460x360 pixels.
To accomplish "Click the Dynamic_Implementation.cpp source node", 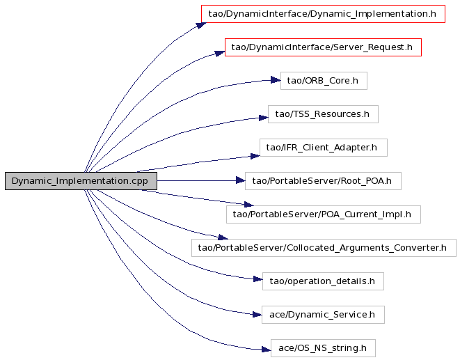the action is pyautogui.click(x=81, y=181).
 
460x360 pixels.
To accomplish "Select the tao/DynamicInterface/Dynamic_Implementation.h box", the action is pyautogui.click(x=323, y=14).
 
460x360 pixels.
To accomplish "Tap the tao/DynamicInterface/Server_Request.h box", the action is pyautogui.click(x=323, y=47).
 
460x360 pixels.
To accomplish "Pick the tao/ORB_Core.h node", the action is pyautogui.click(x=324, y=81).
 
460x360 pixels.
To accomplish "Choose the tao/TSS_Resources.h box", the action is pyautogui.click(x=323, y=114).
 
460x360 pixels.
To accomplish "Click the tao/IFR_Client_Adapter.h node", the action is pyautogui.click(x=324, y=148).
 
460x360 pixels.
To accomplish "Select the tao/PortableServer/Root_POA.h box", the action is pyautogui.click(x=323, y=181).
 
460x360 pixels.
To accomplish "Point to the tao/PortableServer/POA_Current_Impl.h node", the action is pyautogui.click(x=324, y=214).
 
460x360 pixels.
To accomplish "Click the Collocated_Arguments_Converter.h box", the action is pyautogui.click(x=324, y=248).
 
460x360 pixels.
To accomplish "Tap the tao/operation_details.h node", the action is pyautogui.click(x=323, y=281).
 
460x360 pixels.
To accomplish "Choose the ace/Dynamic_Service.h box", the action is pyautogui.click(x=323, y=315).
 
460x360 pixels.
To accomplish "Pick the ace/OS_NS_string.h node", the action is pyautogui.click(x=323, y=348).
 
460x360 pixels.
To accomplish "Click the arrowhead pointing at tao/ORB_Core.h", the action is pyautogui.click(x=276, y=80).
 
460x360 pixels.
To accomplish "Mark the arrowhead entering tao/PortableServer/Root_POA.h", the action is pyautogui.click(x=241, y=180).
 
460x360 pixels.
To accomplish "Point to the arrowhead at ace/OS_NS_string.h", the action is pyautogui.click(x=266, y=350).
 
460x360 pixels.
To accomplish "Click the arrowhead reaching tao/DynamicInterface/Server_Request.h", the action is pyautogui.click(x=220, y=53).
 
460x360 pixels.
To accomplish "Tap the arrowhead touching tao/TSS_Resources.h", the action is pyautogui.click(x=264, y=118).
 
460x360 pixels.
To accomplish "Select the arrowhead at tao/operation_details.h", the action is pyautogui.click(x=258, y=279).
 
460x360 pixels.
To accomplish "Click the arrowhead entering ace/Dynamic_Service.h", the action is pyautogui.click(x=257, y=315).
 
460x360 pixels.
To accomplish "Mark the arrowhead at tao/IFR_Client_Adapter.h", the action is pyautogui.click(x=255, y=156).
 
